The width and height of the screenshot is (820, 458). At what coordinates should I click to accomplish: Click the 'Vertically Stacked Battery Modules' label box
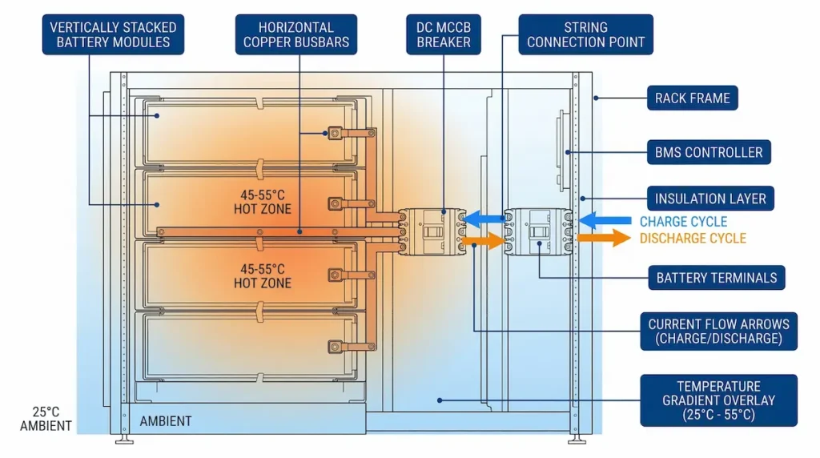(x=113, y=34)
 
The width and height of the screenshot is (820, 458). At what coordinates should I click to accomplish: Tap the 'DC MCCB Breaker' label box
(x=444, y=34)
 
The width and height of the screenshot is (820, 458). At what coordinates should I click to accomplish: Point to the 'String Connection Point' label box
(x=585, y=34)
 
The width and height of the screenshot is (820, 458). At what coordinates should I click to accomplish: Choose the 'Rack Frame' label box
(x=692, y=98)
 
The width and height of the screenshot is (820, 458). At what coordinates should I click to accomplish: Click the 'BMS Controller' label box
(x=709, y=151)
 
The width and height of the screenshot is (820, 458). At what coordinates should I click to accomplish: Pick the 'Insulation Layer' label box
(x=710, y=199)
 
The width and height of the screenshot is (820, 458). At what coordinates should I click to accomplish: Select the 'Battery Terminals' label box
(x=716, y=278)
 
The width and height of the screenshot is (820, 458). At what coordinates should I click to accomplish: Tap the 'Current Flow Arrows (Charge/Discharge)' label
(x=718, y=331)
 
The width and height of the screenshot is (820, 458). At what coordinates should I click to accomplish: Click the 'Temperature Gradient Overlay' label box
(x=718, y=400)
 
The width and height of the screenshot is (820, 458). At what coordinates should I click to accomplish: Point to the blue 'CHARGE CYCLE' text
(x=683, y=221)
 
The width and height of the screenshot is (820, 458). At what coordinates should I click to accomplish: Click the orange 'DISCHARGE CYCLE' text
(x=693, y=238)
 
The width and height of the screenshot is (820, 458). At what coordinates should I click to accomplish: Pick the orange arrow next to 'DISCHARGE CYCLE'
(x=604, y=238)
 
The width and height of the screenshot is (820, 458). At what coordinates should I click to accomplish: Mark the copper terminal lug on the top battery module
(x=335, y=133)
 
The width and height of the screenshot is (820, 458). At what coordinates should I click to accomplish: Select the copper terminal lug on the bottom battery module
(x=335, y=346)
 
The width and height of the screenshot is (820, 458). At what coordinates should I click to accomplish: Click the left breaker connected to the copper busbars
(x=432, y=231)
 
